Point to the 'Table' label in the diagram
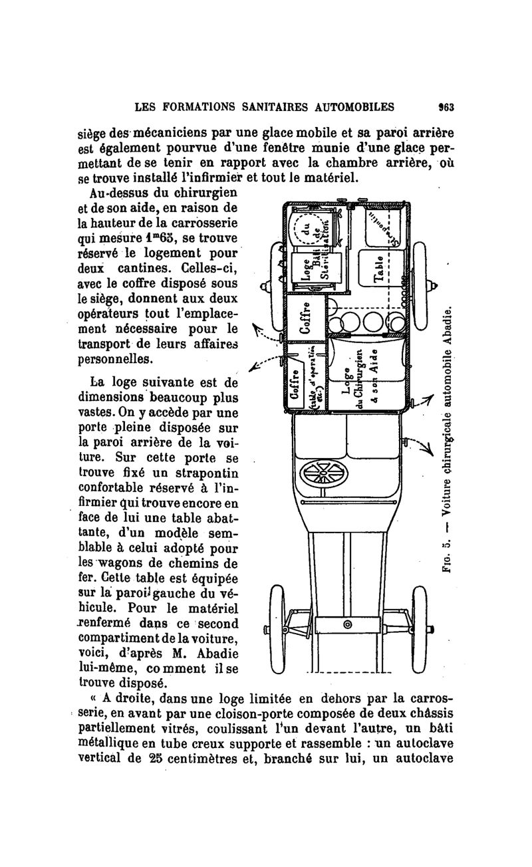[378, 269]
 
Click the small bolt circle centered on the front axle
[346, 625]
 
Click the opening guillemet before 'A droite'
[92, 699]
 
